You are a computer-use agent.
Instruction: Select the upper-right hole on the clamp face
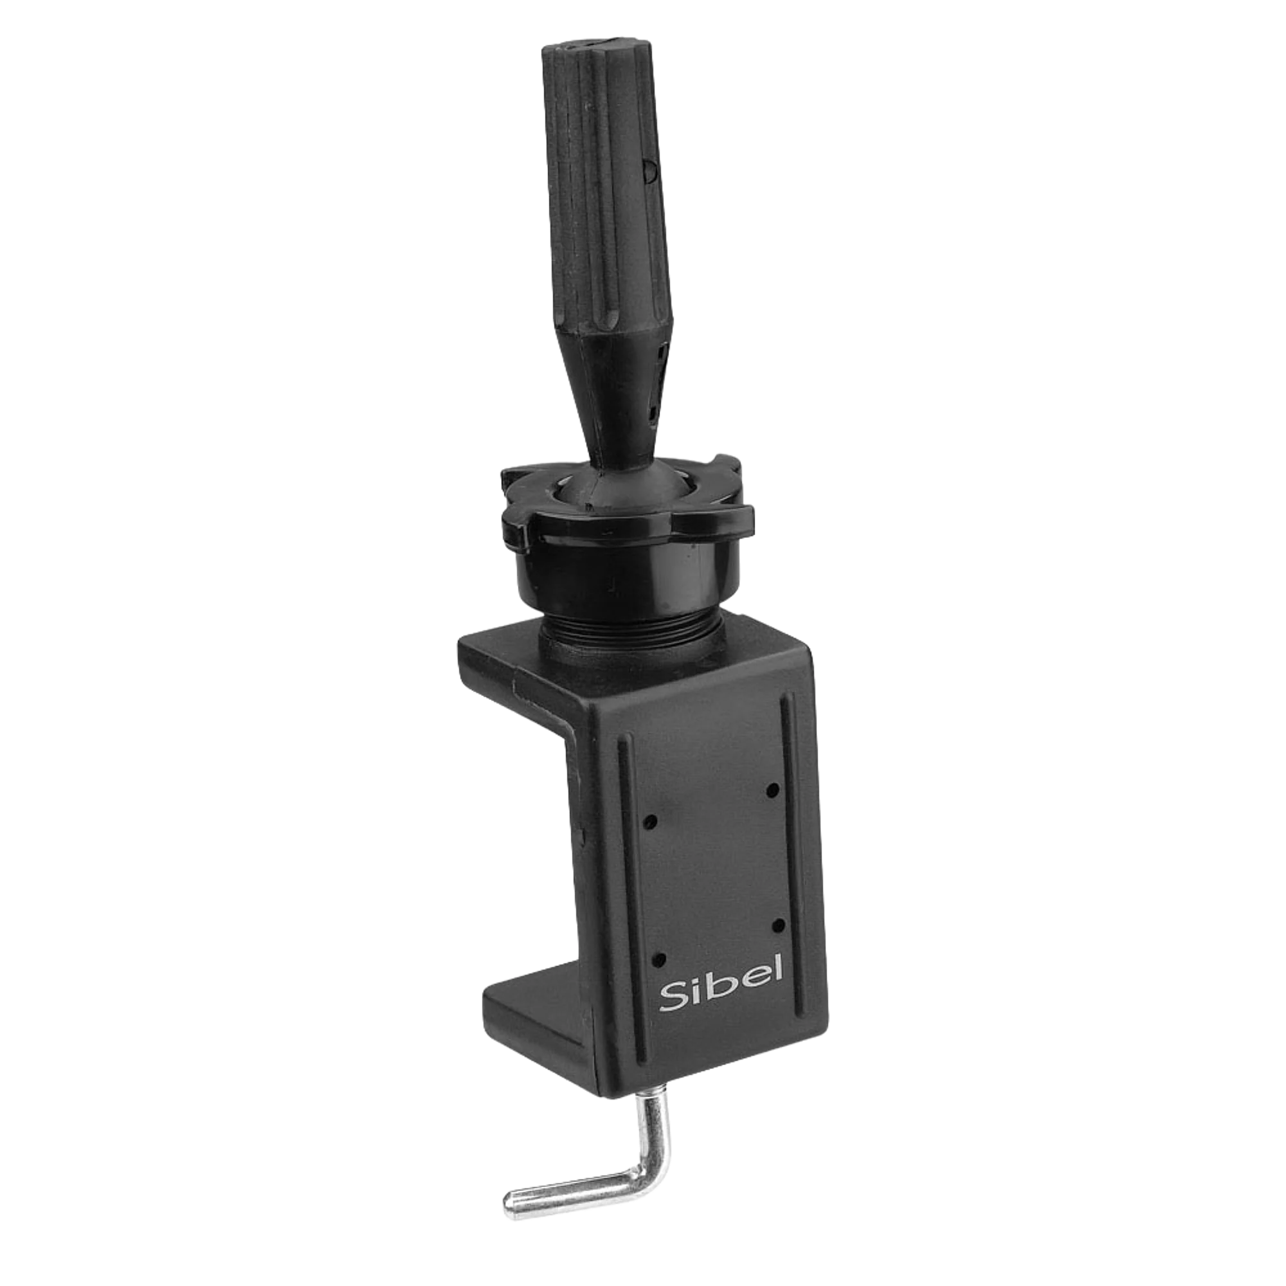click(773, 790)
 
